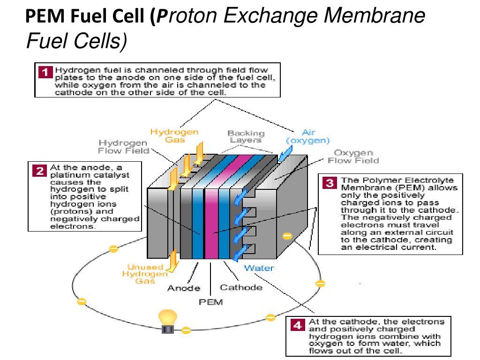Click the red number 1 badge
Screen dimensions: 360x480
coord(45,72)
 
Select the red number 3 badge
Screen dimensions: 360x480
coord(331,183)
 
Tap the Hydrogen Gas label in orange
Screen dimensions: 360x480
coord(174,136)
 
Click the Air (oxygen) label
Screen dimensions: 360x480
coord(308,136)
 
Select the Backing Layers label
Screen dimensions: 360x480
coord(246,136)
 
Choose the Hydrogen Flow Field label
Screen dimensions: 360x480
coord(123,146)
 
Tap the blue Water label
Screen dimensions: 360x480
coord(259,269)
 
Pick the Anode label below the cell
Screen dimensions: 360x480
coord(184,288)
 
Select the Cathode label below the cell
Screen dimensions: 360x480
coord(241,287)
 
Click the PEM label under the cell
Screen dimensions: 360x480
coord(211,302)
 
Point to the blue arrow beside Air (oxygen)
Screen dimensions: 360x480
coord(284,154)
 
